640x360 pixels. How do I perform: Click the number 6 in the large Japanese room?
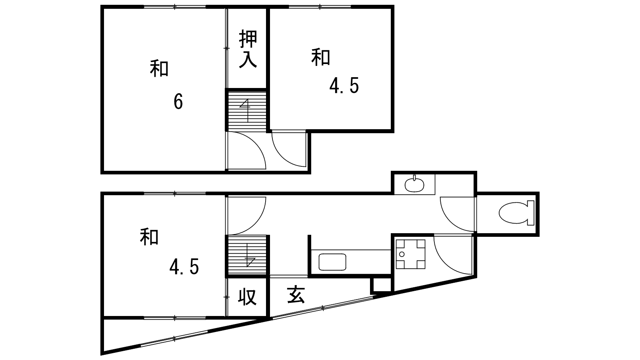(178, 102)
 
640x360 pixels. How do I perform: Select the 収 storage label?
(247, 297)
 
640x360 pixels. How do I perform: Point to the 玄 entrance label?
(296, 295)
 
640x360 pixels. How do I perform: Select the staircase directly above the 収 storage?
(246, 256)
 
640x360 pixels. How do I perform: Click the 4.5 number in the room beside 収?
(184, 266)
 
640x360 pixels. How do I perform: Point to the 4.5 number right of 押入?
(344, 86)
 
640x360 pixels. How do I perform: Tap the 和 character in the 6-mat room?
(159, 68)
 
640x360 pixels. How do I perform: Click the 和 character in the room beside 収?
(149, 237)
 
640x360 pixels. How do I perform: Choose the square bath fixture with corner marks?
(410, 254)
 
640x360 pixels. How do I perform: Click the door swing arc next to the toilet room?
(456, 214)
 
